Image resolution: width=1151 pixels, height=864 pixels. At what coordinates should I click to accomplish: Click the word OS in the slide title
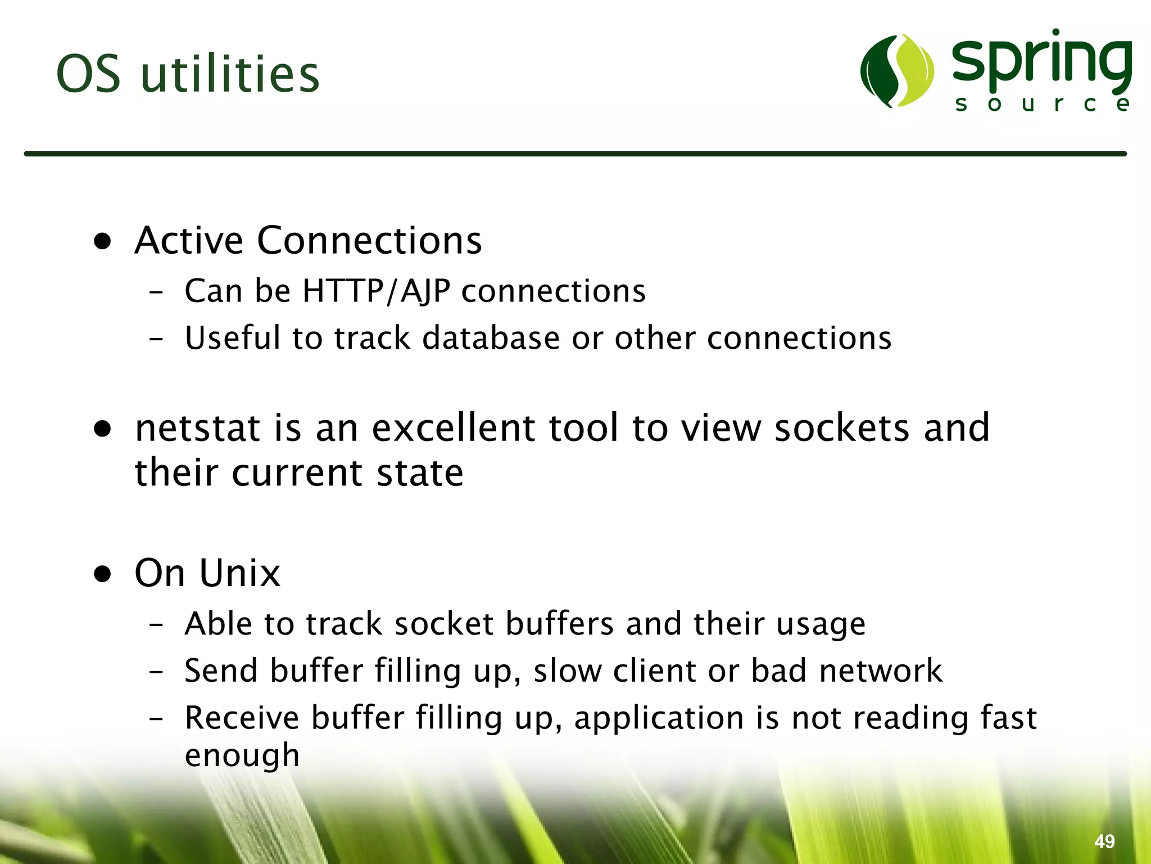88,74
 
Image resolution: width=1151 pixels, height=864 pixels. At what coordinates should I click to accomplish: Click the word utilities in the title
230,74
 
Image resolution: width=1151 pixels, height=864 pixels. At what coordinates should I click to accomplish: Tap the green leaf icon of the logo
897,71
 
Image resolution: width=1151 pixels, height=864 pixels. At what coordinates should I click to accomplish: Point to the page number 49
1104,841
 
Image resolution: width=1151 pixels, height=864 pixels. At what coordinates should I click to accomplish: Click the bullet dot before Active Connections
103,242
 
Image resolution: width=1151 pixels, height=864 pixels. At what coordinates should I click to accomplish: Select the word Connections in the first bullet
369,241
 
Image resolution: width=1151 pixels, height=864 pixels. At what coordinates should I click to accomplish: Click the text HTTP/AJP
376,291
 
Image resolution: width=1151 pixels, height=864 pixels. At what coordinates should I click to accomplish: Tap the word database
491,338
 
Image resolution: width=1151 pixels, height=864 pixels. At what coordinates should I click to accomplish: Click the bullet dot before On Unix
103,574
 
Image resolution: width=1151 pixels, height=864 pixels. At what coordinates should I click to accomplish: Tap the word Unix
239,573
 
